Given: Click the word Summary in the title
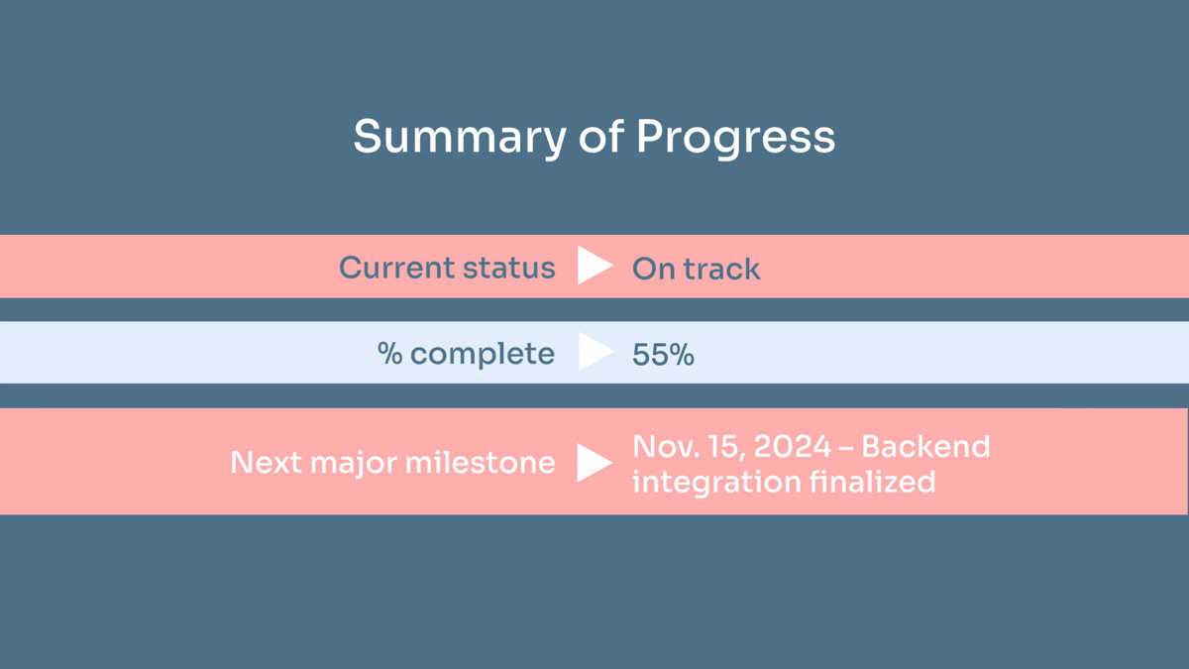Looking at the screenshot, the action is [x=460, y=138].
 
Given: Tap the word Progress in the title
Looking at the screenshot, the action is [x=735, y=138].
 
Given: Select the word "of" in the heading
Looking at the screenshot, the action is [x=600, y=136].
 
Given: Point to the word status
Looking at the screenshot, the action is [x=509, y=268].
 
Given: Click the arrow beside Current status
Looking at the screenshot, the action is [x=595, y=265].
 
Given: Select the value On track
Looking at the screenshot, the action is [x=696, y=269].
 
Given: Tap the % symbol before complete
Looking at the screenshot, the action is [x=389, y=353].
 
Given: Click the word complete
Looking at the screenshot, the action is [x=483, y=354].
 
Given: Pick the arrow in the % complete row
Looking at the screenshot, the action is [x=595, y=352].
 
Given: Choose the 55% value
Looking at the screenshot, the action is [x=663, y=355].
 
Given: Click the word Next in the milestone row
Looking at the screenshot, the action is [x=266, y=462].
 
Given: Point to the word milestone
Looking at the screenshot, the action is [x=480, y=462].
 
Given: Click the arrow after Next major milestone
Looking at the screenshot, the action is [x=594, y=463].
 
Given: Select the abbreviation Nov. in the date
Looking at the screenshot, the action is [x=665, y=446].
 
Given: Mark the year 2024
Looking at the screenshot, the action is [x=793, y=446].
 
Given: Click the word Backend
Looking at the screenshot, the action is [x=925, y=446].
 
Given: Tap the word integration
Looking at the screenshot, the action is [x=716, y=482].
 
